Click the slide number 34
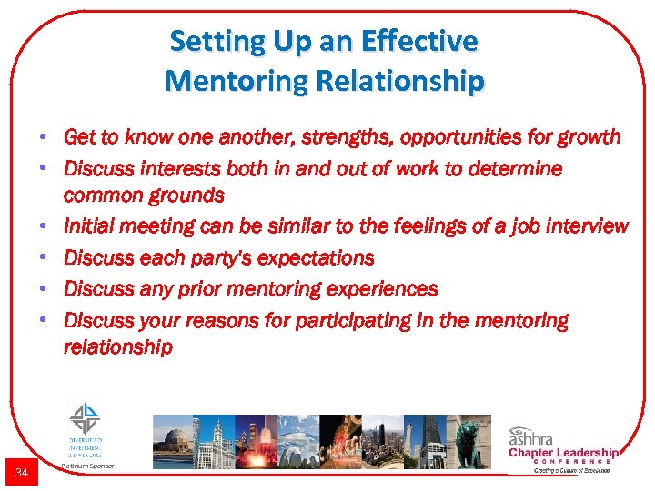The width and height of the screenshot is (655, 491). coord(21,471)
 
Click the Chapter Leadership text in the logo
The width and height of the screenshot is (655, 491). coord(563,453)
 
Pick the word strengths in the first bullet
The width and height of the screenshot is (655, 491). coord(297,137)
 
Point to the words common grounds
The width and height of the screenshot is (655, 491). coord(143,195)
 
